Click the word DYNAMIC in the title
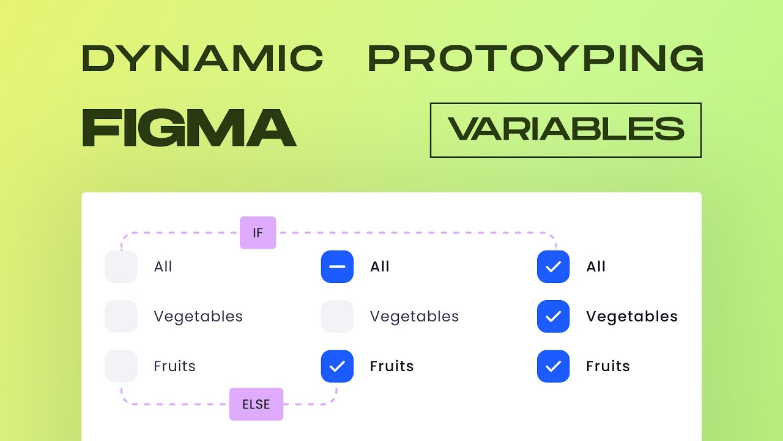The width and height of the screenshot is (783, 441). pos(202,59)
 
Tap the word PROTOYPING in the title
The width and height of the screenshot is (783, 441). pos(535,59)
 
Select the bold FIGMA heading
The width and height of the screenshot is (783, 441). pos(189,128)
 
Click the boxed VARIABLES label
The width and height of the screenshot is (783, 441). pos(566,130)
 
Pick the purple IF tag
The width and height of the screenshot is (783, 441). pos(258,233)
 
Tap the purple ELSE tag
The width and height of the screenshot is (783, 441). pos(256,404)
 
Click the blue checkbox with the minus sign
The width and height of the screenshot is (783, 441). pos(337,267)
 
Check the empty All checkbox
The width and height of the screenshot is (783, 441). pos(121,267)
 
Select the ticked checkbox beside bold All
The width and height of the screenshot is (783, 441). pos(553,267)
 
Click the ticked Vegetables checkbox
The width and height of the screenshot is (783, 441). pos(553,317)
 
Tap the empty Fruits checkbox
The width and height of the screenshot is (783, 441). pos(121,366)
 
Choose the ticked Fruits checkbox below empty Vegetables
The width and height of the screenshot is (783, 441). pos(337,366)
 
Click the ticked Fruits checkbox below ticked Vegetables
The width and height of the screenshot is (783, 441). pos(553,366)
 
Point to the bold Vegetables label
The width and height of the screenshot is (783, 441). pos(631,317)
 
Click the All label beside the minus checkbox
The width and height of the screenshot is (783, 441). pos(380,267)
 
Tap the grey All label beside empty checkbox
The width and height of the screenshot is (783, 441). pos(163,267)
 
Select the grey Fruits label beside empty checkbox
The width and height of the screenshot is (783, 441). pos(174,366)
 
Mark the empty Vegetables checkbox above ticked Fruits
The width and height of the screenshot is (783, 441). pos(337,317)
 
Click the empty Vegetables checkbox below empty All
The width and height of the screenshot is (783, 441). pos(121,317)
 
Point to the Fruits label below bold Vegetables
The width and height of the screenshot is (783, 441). pos(607,366)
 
